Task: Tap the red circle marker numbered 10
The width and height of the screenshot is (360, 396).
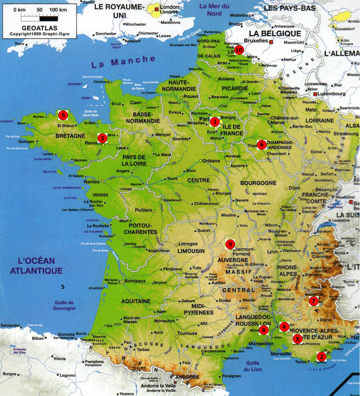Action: tap(239, 50)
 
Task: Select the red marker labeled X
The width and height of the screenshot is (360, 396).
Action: tap(298, 339)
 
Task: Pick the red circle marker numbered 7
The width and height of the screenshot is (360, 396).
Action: tap(313, 301)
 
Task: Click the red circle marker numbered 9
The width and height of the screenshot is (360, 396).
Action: tap(230, 244)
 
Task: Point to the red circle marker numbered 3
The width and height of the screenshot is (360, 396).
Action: tap(102, 138)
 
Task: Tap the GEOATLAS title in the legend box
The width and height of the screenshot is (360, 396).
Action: tap(39, 28)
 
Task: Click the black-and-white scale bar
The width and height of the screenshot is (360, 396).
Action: tap(39, 18)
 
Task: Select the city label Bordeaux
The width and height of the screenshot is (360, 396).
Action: tap(135, 281)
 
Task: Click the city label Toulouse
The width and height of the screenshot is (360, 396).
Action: tap(187, 333)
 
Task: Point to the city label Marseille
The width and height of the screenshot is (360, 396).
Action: tap(281, 354)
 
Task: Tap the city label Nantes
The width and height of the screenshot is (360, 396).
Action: tap(92, 182)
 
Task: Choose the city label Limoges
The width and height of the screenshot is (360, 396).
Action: tap(188, 244)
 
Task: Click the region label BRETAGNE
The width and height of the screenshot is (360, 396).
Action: tap(70, 136)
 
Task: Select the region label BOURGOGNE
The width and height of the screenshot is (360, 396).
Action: tap(258, 183)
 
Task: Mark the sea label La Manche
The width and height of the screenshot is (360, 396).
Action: tap(123, 61)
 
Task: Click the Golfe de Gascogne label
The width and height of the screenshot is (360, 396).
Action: tap(64, 305)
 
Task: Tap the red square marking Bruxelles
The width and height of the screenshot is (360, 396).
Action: tap(271, 42)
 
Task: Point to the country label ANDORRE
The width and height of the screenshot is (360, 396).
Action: tap(187, 377)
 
